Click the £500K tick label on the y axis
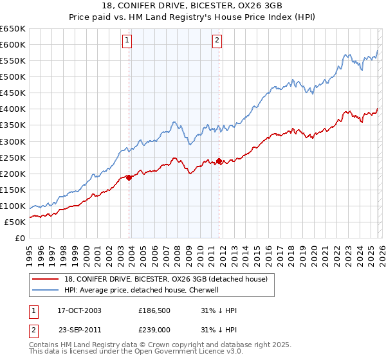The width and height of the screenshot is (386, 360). pos(13,77)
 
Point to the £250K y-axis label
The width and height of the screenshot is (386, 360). pos(13,157)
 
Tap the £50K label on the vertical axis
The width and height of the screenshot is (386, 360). pos(15,222)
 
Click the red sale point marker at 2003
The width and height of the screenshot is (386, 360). pos(129,177)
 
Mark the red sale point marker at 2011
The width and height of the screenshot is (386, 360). pos(219,161)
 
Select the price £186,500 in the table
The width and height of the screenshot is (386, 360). pos(154,310)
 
